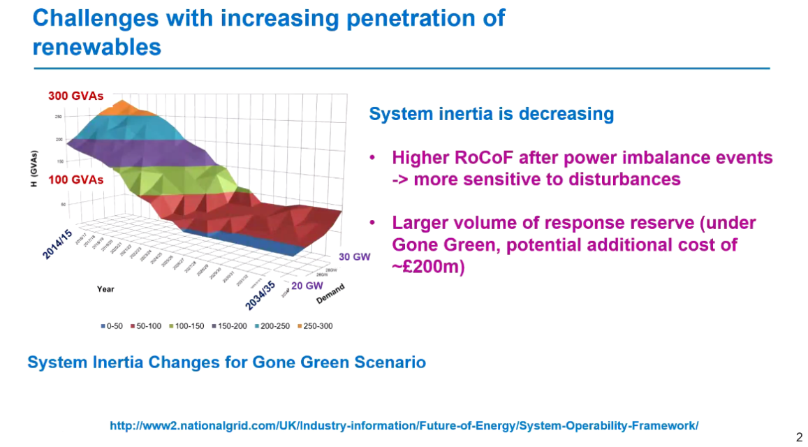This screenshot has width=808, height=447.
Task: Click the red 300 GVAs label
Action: tap(75, 96)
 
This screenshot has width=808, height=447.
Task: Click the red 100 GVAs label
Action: tap(75, 179)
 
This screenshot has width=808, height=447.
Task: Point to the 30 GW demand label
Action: tap(354, 256)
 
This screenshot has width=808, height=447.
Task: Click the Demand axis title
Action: tap(331, 295)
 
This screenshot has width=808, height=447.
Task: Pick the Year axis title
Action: tap(105, 288)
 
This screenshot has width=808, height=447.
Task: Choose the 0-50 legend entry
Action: tap(113, 326)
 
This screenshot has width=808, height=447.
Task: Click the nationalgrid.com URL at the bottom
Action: tap(404, 425)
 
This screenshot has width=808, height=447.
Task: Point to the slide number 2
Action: tap(799, 437)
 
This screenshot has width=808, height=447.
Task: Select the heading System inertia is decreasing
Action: tap(491, 114)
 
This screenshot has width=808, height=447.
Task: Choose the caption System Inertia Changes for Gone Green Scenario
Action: tap(226, 362)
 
